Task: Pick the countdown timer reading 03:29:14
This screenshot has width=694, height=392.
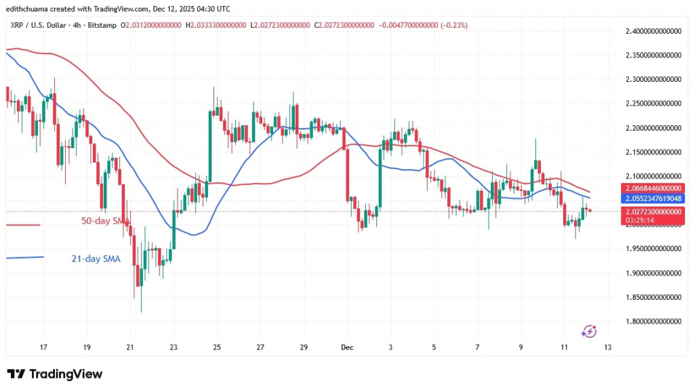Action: pyautogui.click(x=642, y=220)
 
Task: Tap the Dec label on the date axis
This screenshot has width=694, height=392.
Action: pyautogui.click(x=347, y=347)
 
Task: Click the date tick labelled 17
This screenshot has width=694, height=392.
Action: pyautogui.click(x=44, y=347)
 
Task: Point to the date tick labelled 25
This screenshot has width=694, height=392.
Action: pyautogui.click(x=217, y=347)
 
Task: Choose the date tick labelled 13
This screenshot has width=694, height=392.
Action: pyautogui.click(x=607, y=347)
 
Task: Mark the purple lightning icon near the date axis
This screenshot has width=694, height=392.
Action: pyautogui.click(x=590, y=331)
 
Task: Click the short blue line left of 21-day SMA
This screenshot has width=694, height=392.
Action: pyautogui.click(x=24, y=257)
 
